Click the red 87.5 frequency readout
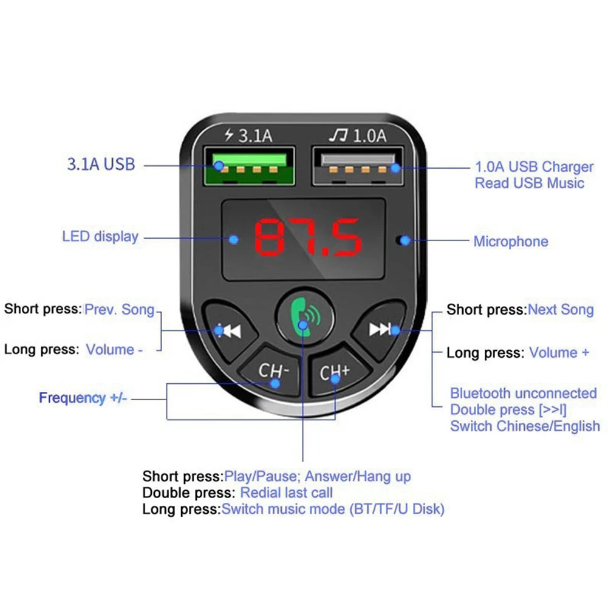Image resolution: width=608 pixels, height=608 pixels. [308, 237]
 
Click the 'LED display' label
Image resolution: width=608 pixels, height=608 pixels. [100, 236]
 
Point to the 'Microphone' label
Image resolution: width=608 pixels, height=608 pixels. [510, 241]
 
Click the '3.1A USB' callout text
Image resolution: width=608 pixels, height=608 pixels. [100, 164]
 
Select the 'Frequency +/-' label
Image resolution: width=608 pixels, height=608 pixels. [83, 398]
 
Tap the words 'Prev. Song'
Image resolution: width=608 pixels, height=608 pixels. [120, 309]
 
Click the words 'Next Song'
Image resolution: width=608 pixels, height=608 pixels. [561, 309]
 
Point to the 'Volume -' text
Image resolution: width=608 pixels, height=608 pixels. [114, 349]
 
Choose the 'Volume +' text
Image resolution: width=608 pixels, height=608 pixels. [559, 352]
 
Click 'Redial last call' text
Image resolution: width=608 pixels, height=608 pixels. [287, 493]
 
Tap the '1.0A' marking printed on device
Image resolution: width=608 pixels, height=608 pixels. [369, 135]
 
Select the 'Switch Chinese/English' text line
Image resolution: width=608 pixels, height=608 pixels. [525, 426]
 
